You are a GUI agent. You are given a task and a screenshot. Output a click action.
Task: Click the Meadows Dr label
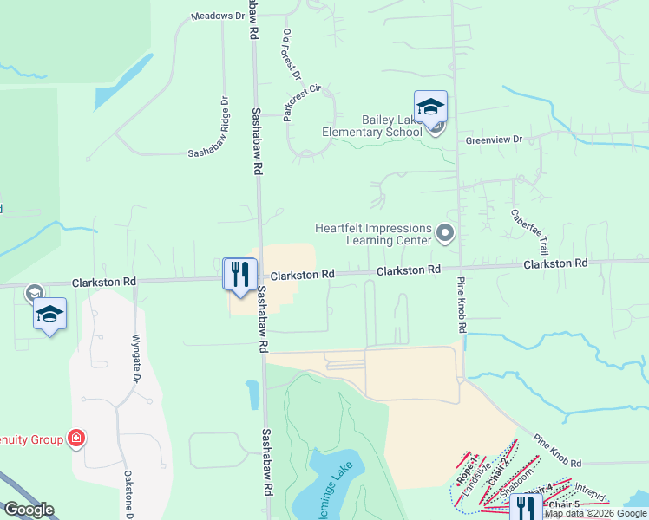pyautogui.click(x=213, y=16)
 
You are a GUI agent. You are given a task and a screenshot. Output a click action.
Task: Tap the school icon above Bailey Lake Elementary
pyautogui.click(x=430, y=107)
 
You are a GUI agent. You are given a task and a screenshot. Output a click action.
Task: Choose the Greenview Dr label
pyautogui.click(x=494, y=139)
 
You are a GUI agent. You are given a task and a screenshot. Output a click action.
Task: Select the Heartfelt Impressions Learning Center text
pyautogui.click(x=373, y=234)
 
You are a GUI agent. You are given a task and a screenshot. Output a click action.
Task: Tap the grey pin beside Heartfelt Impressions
pyautogui.click(x=445, y=232)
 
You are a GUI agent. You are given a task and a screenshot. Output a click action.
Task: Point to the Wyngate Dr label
pyautogui.click(x=135, y=359)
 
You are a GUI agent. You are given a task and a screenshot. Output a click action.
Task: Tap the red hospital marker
pyautogui.click(x=76, y=439)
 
